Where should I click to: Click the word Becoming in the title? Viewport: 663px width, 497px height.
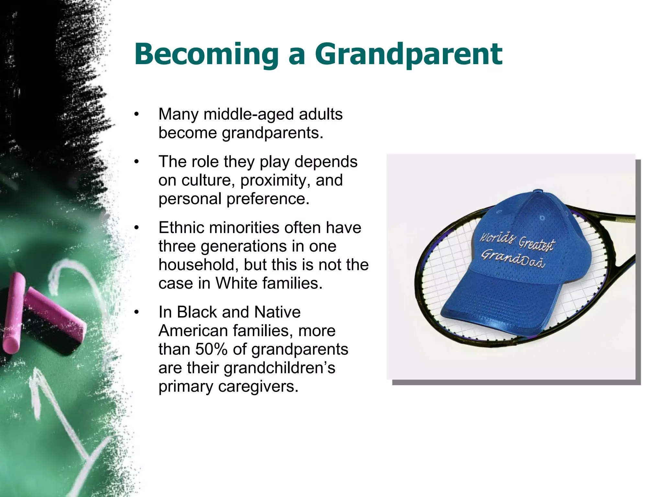(x=206, y=54)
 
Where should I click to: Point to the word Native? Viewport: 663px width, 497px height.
(x=277, y=312)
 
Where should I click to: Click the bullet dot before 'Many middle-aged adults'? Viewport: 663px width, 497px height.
(x=137, y=115)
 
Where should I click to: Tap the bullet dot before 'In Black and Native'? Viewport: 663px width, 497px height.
(x=137, y=312)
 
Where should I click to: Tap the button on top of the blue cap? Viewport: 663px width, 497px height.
(x=538, y=191)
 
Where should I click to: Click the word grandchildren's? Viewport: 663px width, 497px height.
(x=279, y=368)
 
